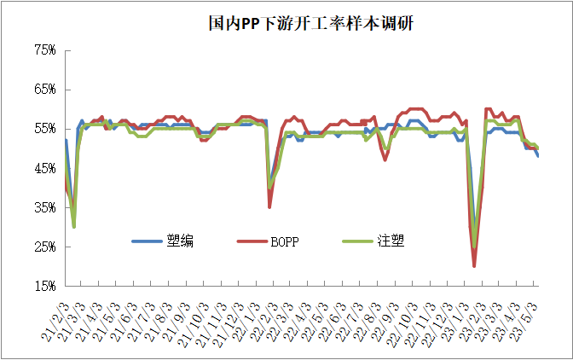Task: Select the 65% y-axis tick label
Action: [x=44, y=90]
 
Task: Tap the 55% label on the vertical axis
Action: [x=44, y=129]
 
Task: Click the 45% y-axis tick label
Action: [x=44, y=168]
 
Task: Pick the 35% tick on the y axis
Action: [x=44, y=207]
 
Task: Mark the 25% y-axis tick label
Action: [x=44, y=247]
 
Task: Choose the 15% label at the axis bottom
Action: [x=44, y=286]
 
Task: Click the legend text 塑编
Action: [x=182, y=241]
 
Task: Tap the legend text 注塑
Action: [x=391, y=241]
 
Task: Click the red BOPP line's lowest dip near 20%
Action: [x=474, y=265]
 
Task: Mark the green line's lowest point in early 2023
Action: [x=474, y=247]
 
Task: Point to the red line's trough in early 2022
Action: [x=269, y=206]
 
